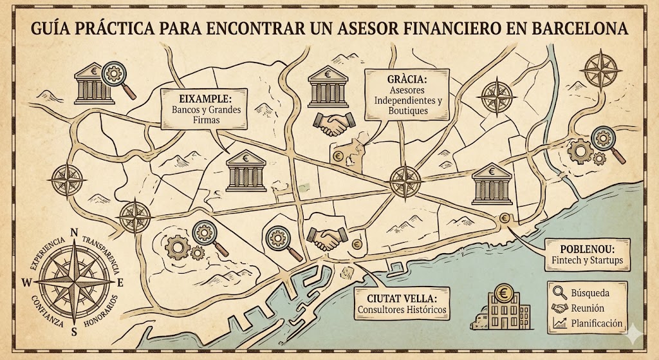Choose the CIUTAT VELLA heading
pos(402,299)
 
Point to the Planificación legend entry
pos(597,323)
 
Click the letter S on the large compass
pos(75,332)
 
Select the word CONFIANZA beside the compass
pos(44,311)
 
